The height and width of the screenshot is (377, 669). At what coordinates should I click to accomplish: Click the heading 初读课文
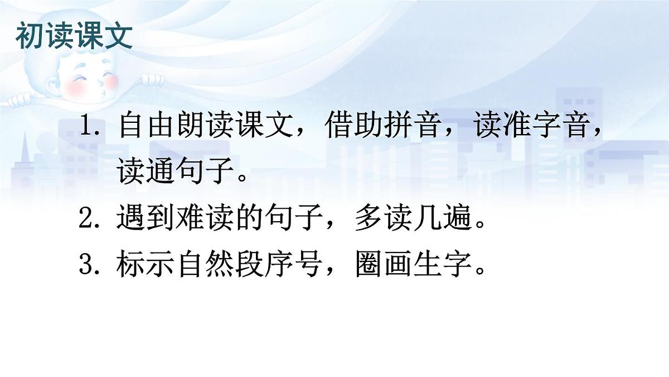pyautogui.click(x=75, y=36)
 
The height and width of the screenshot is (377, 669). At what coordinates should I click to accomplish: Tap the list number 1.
pyautogui.click(x=89, y=128)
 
